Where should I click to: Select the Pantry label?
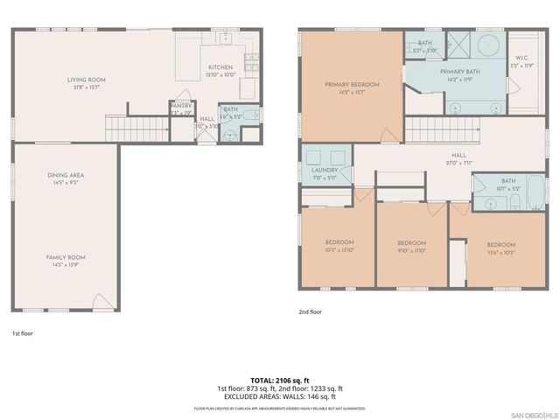point(181,108)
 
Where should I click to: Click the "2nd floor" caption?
point(311,311)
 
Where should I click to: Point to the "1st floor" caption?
point(23,333)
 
